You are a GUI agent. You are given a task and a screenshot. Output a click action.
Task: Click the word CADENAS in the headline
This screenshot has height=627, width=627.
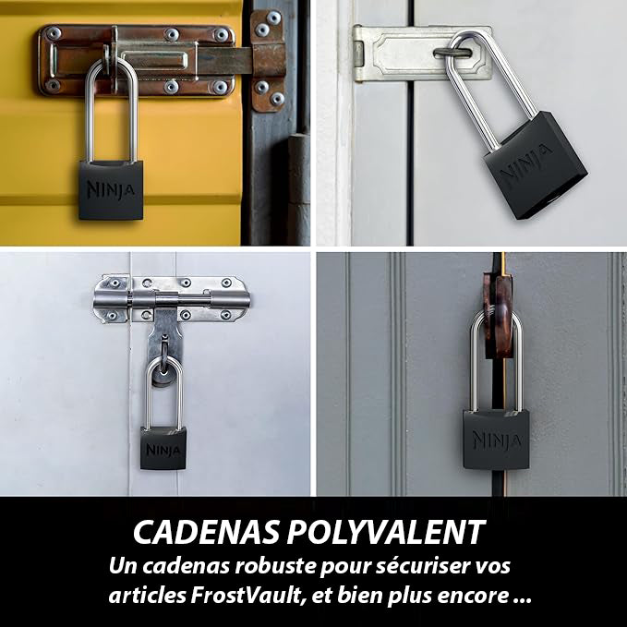tap(206, 532)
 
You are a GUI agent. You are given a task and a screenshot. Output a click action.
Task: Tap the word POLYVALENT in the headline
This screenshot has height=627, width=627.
tap(386, 532)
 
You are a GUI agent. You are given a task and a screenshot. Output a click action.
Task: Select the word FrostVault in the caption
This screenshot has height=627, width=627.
tap(246, 596)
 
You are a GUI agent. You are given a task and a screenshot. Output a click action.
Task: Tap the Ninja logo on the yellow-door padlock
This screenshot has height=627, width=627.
tap(111, 189)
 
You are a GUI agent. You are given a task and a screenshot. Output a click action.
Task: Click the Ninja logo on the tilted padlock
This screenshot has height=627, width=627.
tap(525, 164)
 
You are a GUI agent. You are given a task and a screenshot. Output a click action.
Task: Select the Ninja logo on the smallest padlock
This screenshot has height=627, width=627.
tap(163, 450)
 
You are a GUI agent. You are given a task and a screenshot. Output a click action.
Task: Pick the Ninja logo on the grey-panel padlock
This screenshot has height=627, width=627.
tap(497, 440)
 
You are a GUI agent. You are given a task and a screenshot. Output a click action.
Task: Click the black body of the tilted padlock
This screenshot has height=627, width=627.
tap(535, 164)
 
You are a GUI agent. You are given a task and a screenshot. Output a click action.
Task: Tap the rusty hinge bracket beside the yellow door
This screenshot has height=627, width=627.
tap(268, 60)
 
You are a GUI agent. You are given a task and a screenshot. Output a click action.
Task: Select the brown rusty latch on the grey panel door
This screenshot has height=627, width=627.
tap(498, 316)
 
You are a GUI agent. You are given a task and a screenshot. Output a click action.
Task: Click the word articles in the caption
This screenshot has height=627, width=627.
tap(147, 596)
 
